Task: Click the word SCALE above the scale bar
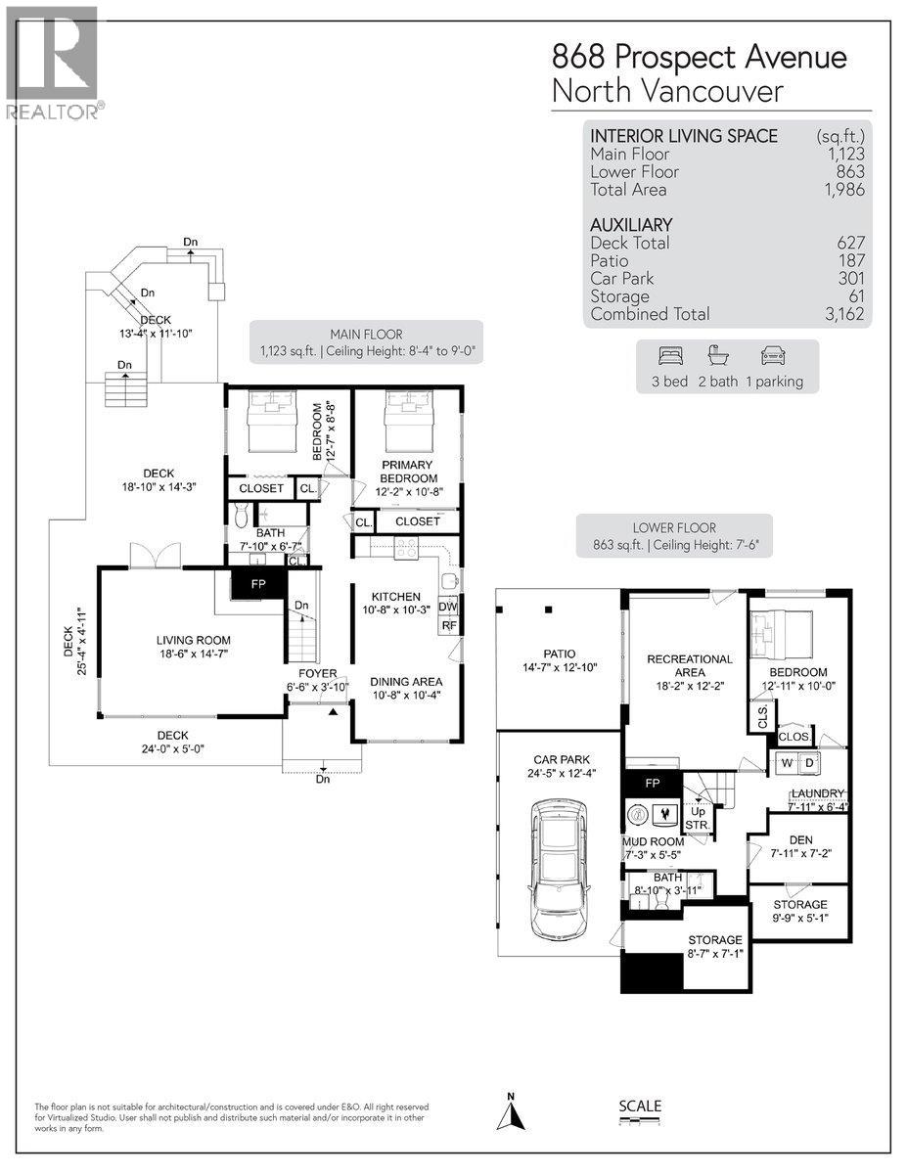pos(640,1106)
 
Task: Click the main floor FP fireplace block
pos(257,584)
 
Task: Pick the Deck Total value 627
pos(850,243)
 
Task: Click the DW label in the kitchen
pos(448,608)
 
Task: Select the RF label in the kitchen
pos(449,626)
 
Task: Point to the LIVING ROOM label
pos(194,641)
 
